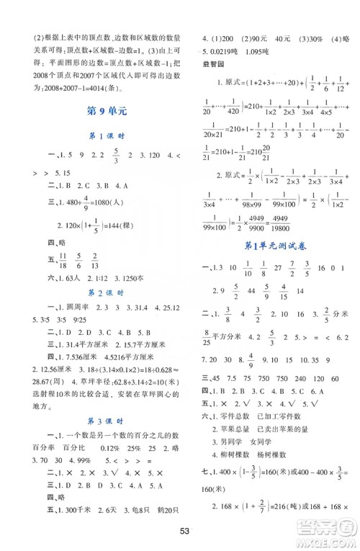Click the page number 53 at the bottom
(184, 532)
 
